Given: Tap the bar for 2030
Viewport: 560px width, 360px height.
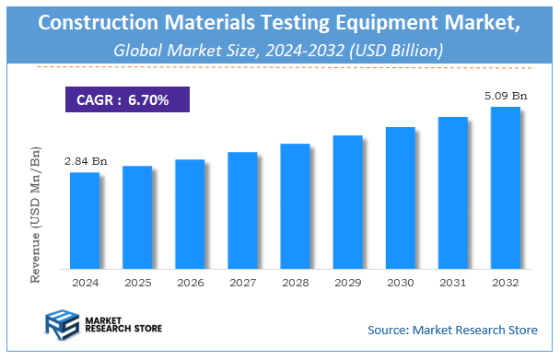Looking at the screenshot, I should click(400, 197).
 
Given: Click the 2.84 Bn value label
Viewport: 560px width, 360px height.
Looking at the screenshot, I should click(85, 162).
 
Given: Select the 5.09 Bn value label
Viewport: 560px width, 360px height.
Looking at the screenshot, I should click(505, 96).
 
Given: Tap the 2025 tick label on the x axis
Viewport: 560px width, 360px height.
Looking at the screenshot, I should click(137, 283).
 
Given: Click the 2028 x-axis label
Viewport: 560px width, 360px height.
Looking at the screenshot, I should click(295, 283).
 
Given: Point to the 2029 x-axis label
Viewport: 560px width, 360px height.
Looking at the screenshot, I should click(347, 283).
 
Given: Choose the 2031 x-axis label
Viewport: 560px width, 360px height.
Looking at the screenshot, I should click(452, 283).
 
